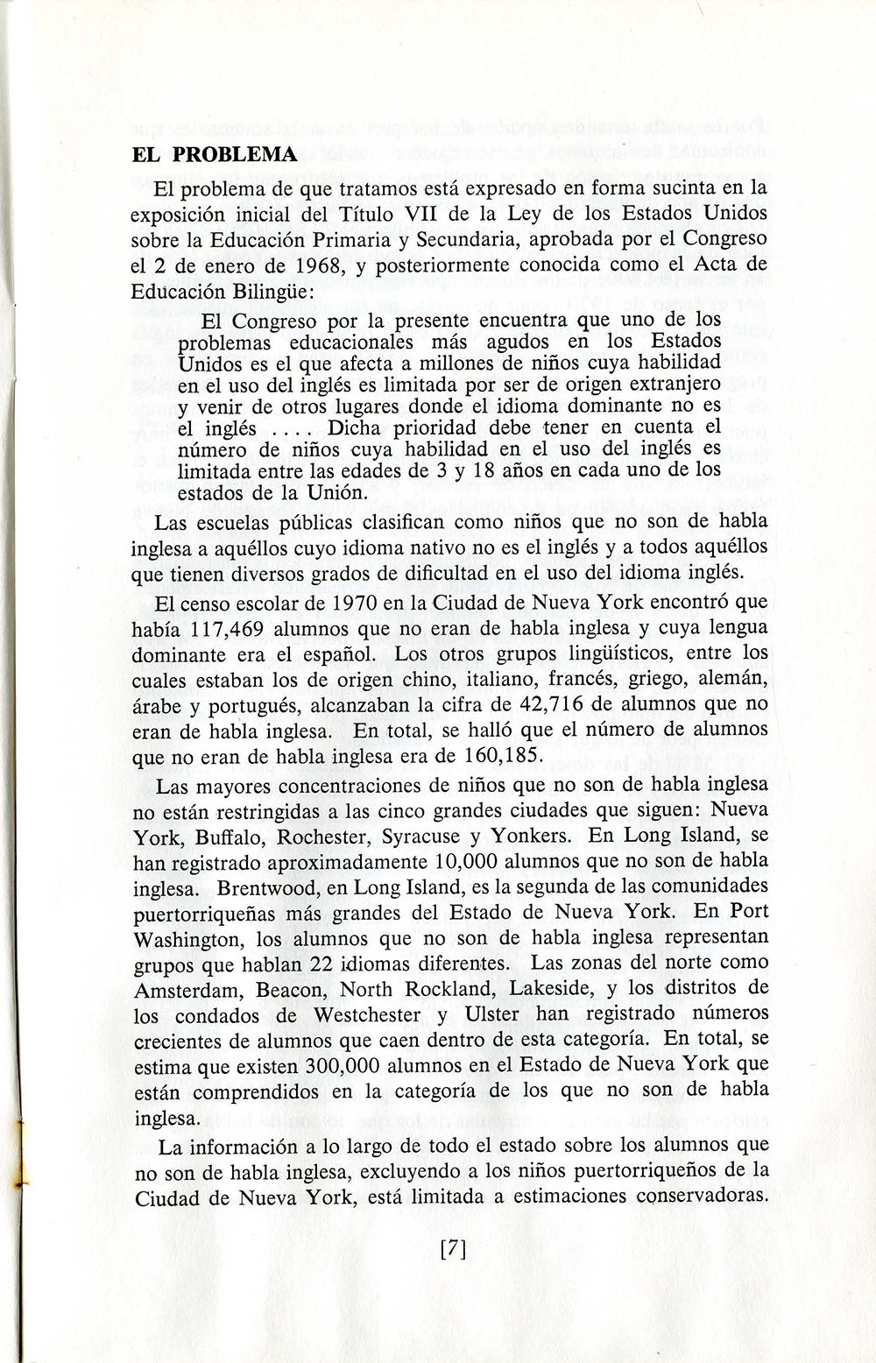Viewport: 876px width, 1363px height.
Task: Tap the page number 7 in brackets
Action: click(x=452, y=1248)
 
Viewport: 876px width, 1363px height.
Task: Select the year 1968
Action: click(x=313, y=265)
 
